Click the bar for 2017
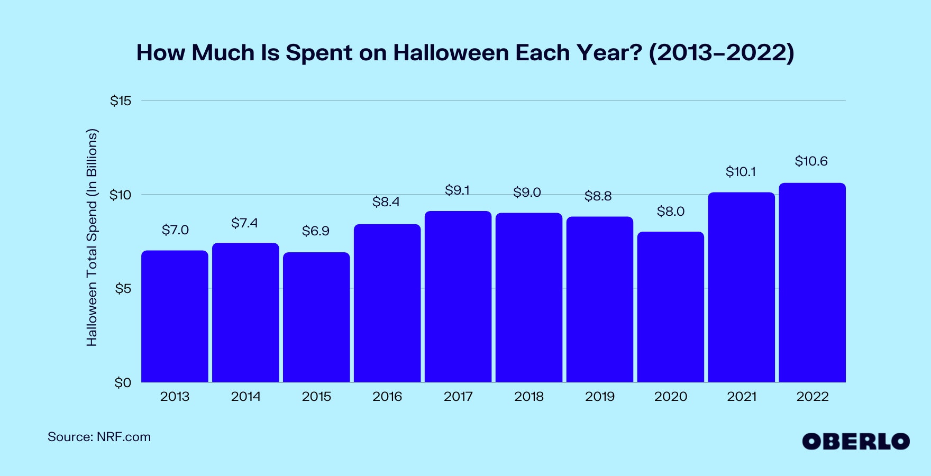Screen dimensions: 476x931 [x=458, y=297]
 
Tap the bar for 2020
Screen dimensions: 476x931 [x=671, y=307]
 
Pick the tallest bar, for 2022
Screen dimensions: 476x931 [x=813, y=282]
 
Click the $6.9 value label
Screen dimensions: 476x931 [x=316, y=231]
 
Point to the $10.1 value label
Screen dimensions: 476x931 [x=741, y=172]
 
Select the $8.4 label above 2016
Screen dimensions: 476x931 [x=386, y=202]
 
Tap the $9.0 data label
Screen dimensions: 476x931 [x=527, y=193]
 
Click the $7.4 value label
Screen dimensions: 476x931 [x=244, y=223]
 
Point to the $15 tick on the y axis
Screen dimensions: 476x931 [x=121, y=101]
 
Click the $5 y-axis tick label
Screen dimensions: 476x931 [x=123, y=289]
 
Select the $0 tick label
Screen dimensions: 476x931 [x=123, y=383]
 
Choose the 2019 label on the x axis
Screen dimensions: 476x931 [x=600, y=397]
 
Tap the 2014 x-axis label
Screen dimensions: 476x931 [x=245, y=397]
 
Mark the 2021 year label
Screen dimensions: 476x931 [x=742, y=397]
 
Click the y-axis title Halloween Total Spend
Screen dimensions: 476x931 [x=92, y=237]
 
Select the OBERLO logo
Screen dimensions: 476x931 [x=856, y=441]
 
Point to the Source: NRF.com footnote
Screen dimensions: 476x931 [x=99, y=437]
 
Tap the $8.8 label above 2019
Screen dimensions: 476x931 [x=598, y=196]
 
